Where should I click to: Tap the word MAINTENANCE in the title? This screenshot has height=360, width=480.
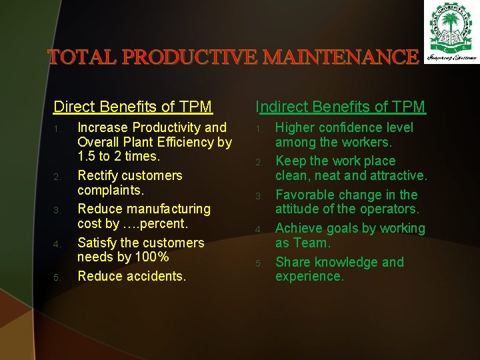pos(341,57)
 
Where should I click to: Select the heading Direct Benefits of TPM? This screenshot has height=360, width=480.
pos(133,107)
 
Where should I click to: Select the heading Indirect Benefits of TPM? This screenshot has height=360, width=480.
pos(341,107)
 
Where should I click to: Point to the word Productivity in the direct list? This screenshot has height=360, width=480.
pos(169,127)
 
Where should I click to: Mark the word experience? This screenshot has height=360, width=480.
pos(309,276)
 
